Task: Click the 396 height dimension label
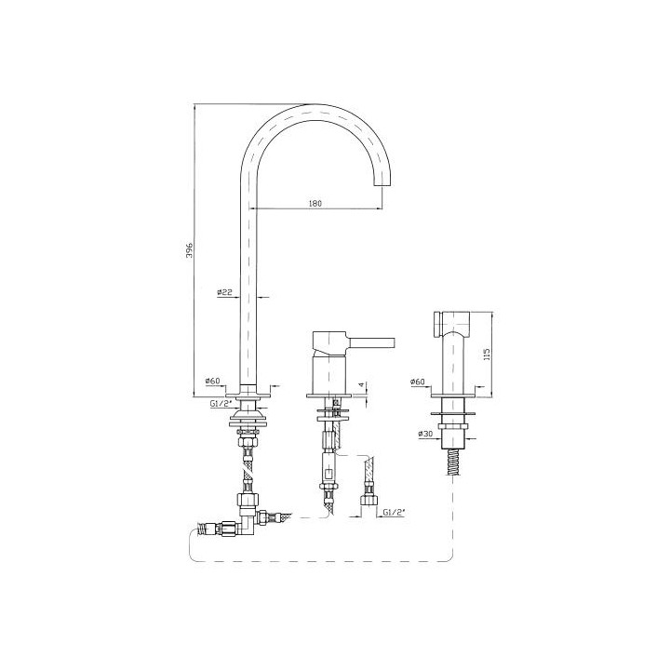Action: coord(190,250)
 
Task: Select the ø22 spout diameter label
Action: coord(225,292)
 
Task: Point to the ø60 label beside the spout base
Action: coord(212,381)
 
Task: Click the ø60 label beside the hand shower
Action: coord(418,382)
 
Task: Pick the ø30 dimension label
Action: coord(426,434)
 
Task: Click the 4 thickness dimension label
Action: coord(361,384)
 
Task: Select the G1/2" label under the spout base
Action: coord(221,403)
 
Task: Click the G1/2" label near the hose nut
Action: coord(394,512)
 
